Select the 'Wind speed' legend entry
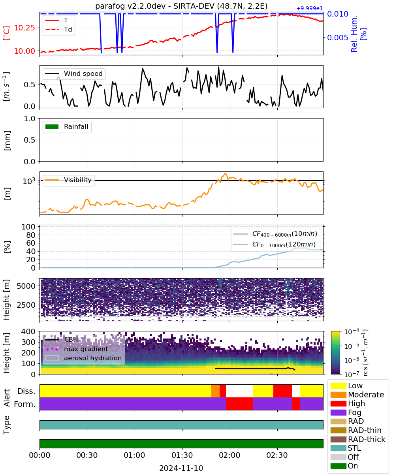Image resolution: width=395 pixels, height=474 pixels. [x=74, y=73]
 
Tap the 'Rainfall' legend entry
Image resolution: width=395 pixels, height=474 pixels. [x=67, y=126]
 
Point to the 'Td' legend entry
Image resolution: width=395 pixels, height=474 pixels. [x=58, y=29]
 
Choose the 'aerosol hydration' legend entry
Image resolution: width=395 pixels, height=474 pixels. [x=83, y=358]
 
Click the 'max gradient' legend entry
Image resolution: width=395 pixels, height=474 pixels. [x=77, y=349]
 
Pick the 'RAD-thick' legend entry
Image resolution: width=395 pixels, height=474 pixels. [x=358, y=439]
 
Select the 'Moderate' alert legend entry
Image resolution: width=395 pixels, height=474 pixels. [x=357, y=395]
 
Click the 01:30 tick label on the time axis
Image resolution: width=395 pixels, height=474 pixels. [x=182, y=455]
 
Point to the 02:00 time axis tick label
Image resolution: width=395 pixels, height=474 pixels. [x=229, y=455]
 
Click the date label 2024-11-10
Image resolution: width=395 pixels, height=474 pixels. [x=181, y=468]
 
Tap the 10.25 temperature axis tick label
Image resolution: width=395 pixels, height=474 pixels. [x=24, y=28]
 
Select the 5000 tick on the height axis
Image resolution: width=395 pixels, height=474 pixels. [x=26, y=286]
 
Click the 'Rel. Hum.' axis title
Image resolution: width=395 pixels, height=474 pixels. [x=354, y=34]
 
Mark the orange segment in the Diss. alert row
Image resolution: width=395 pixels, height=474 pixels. [x=215, y=391]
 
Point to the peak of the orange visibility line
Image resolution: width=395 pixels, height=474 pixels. [x=225, y=174]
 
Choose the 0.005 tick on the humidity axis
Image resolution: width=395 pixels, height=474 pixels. [x=338, y=38]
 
